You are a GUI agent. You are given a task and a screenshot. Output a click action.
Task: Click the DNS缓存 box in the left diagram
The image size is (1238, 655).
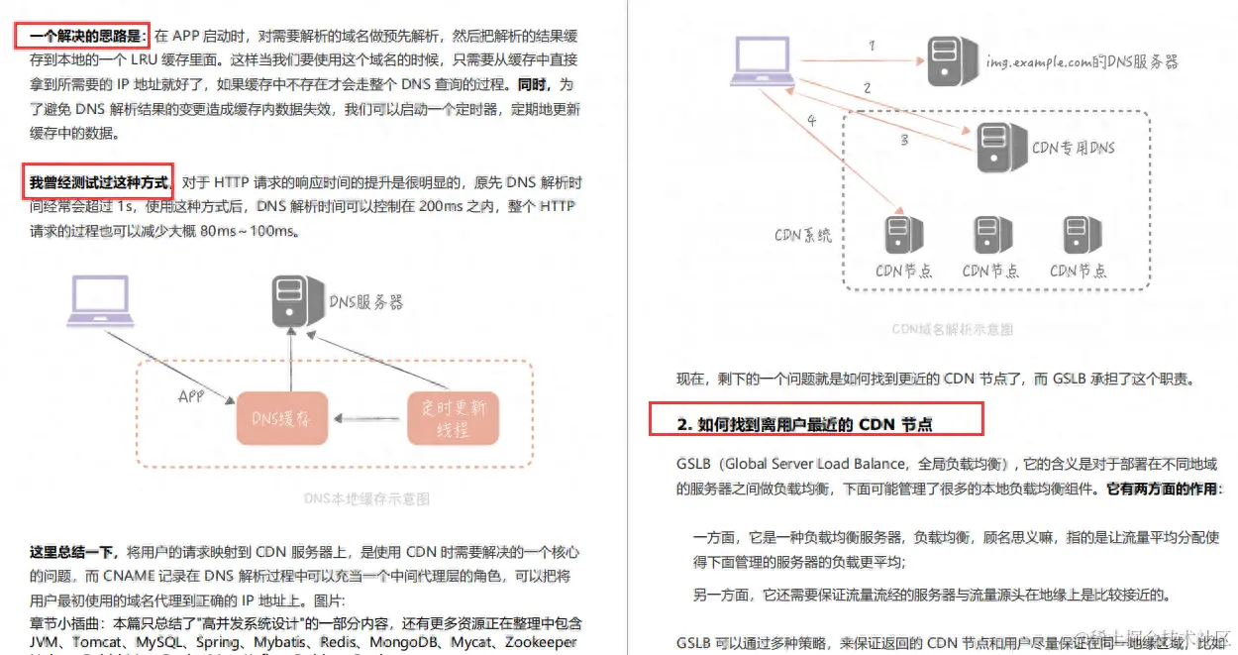282,418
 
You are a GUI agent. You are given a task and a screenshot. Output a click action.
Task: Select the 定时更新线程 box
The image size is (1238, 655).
452,418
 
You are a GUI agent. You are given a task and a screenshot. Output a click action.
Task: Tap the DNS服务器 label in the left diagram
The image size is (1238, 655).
365,301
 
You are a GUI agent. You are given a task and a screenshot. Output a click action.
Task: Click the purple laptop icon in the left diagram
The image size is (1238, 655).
103,302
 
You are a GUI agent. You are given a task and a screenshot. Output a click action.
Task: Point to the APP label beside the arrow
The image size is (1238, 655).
191,396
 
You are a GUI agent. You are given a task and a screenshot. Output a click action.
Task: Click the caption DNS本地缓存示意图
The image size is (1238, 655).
366,498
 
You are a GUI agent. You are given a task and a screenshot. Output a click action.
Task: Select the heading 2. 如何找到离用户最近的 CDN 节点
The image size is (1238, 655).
804,424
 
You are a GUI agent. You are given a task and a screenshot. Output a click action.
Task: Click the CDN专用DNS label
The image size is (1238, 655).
1074,148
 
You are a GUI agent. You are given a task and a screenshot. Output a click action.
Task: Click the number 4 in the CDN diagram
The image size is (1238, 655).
812,121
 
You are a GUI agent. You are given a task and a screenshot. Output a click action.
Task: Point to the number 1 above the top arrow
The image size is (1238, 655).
871,46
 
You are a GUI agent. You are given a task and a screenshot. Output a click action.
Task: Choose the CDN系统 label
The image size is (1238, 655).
802,236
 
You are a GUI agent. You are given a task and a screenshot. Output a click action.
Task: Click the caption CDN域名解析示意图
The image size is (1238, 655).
952,329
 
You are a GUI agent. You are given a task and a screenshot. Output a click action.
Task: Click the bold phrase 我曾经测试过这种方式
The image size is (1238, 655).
98,182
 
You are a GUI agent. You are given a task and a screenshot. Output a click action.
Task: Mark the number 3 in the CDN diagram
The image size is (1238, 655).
903,141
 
